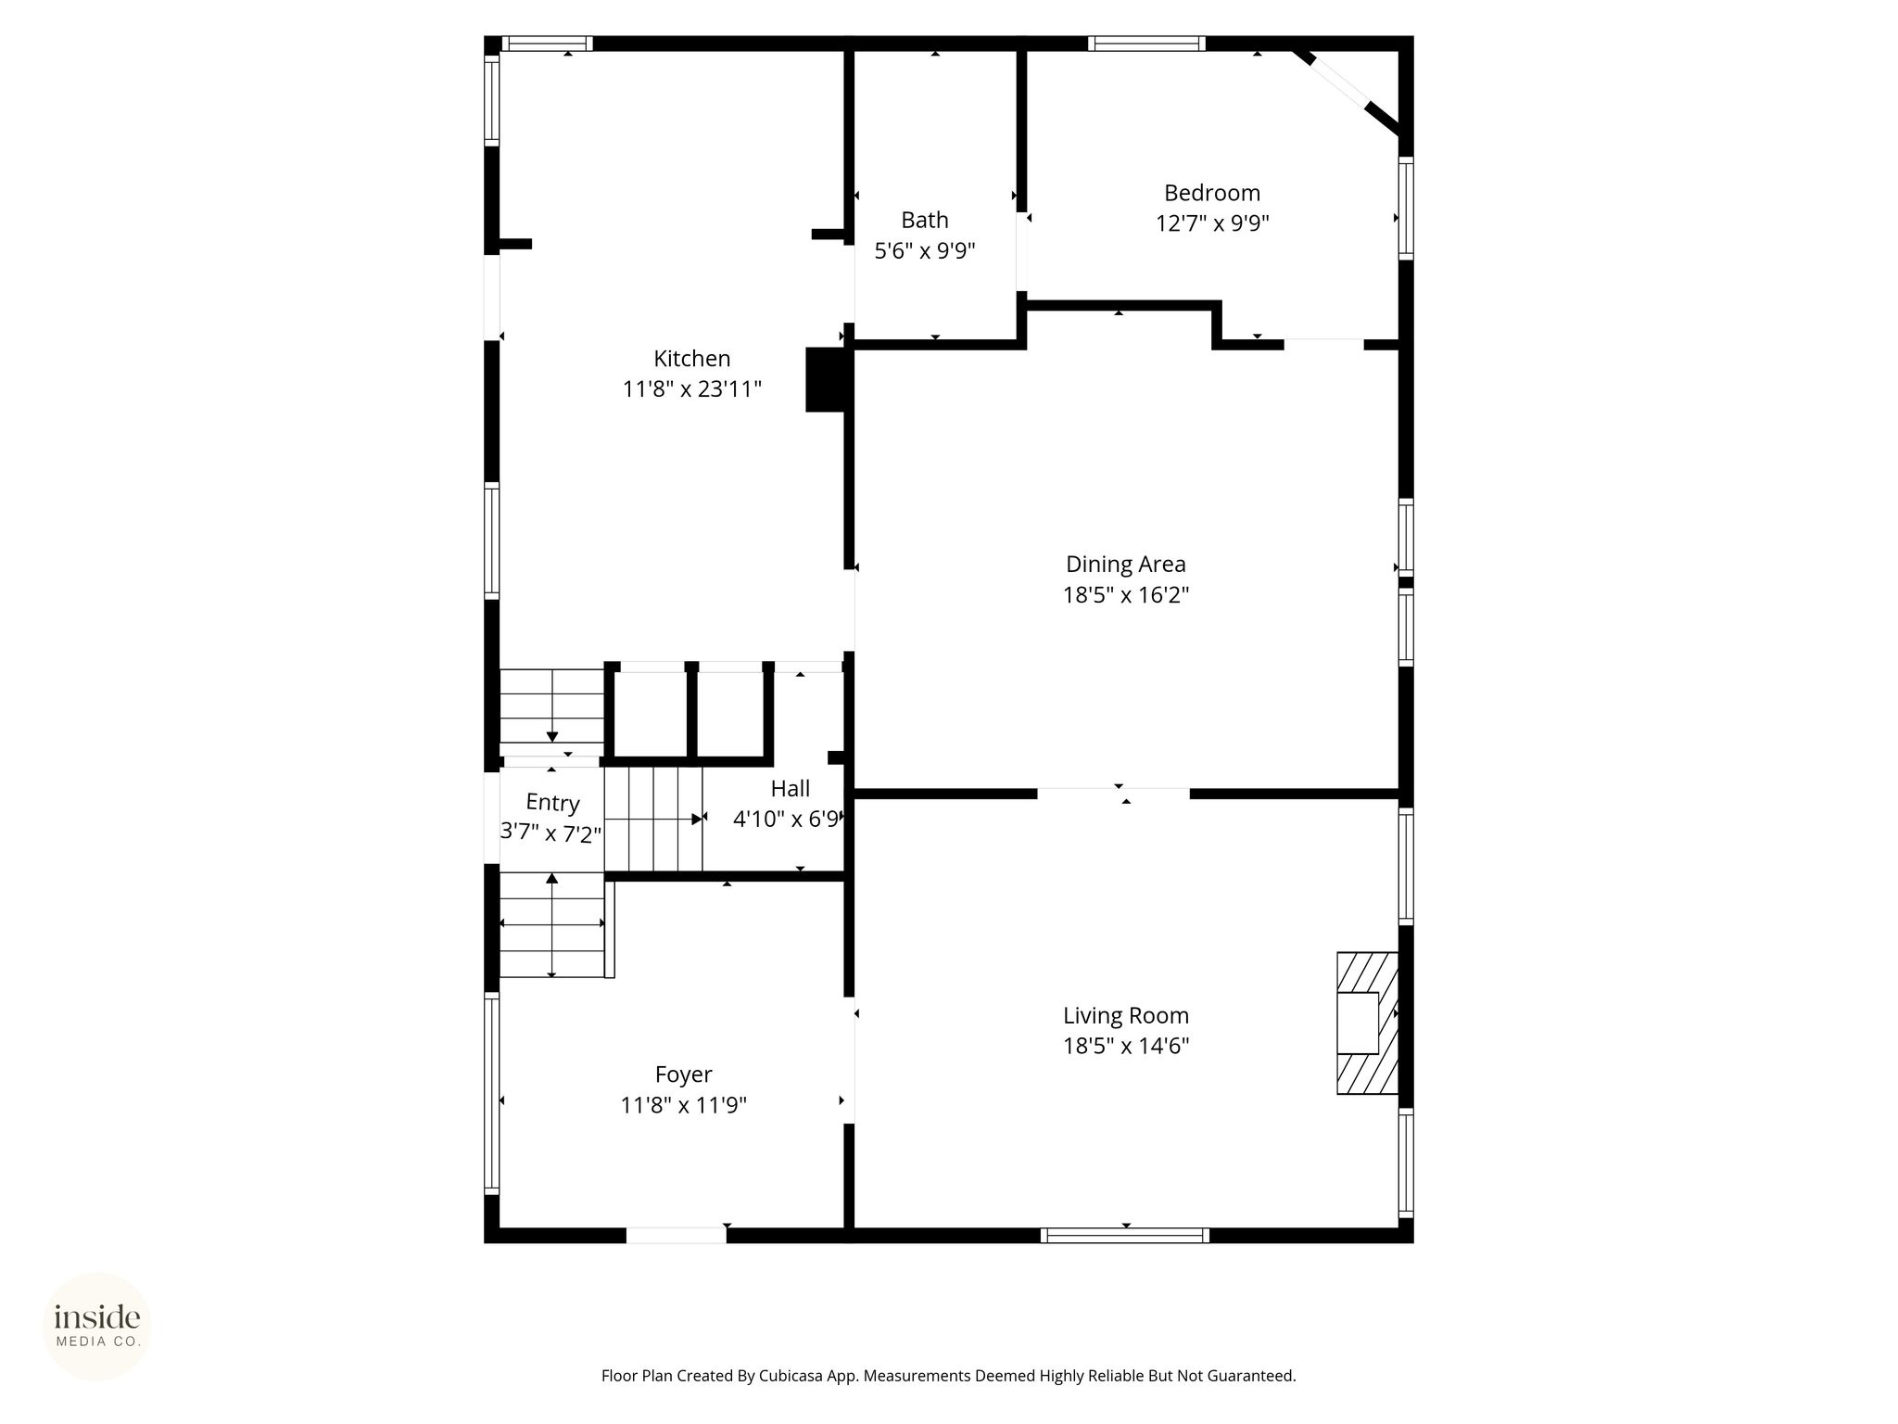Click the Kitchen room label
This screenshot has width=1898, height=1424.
[x=691, y=359]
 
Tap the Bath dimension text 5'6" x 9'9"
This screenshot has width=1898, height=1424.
[x=925, y=250]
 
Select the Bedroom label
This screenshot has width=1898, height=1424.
[x=1212, y=193]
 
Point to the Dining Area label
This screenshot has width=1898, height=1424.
[x=1125, y=565]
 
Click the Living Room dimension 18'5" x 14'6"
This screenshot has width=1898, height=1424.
[x=1126, y=1046]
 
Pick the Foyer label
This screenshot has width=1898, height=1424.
[x=683, y=1074]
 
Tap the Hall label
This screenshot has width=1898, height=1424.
[x=790, y=789]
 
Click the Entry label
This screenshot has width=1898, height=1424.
[x=552, y=803]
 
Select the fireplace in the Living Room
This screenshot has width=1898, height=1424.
[x=1367, y=1023]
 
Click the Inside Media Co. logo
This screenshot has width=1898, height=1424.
[x=97, y=1326]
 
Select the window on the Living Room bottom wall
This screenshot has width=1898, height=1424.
[x=1124, y=1235]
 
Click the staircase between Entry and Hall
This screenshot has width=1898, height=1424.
[x=653, y=820]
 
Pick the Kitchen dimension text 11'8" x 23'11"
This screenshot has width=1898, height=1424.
[x=691, y=388]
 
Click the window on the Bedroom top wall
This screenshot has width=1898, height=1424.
[x=1146, y=43]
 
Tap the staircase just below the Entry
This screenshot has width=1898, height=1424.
[x=553, y=924]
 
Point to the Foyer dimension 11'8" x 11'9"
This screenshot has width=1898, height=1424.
[x=683, y=1105]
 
